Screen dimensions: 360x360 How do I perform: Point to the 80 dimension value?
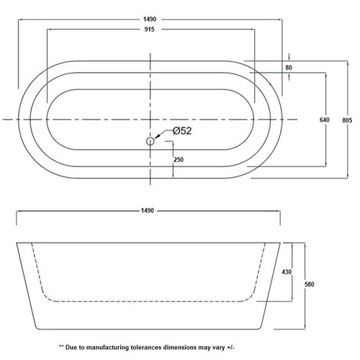[289, 68]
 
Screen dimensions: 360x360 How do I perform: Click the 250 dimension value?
[179, 159]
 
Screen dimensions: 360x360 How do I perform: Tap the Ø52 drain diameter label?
[182, 131]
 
